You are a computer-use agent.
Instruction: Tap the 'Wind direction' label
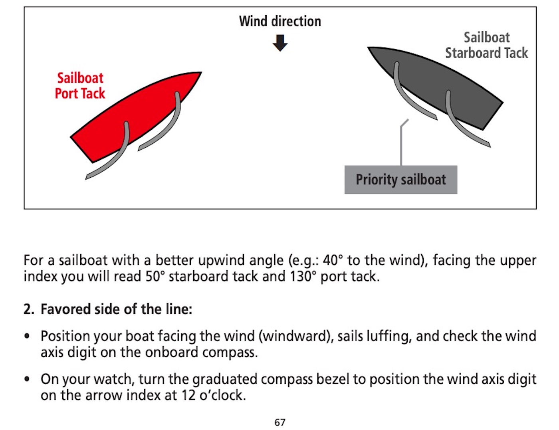280,21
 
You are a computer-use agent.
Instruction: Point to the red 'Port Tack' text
80,93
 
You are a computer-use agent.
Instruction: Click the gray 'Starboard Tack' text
486,53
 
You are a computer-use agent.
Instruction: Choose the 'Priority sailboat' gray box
401,180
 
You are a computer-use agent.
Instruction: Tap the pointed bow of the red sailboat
201,72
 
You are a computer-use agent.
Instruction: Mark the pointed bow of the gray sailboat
368,48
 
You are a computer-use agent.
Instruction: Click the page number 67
280,422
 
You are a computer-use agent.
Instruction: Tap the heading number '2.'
29,309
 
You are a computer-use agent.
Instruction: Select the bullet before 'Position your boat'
27,336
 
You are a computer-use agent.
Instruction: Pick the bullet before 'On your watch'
27,379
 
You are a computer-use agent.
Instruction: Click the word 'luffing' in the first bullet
387,337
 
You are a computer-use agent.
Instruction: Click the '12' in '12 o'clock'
189,395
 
